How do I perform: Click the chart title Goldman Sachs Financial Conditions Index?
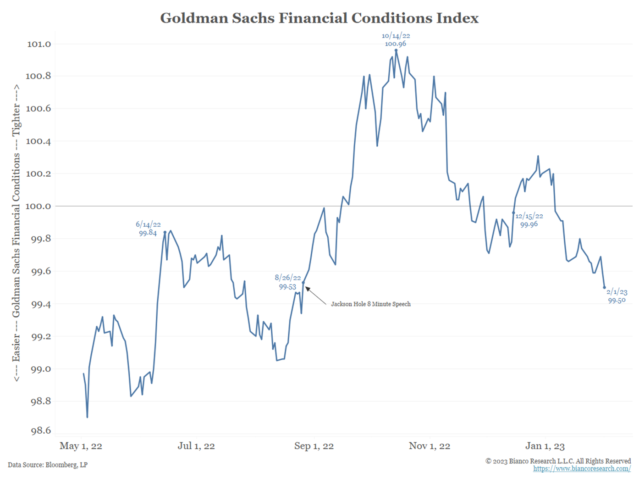pyautogui.click(x=319, y=18)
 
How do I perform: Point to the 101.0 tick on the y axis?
pyautogui.click(x=39, y=44)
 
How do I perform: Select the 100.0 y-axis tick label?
pyautogui.click(x=39, y=206)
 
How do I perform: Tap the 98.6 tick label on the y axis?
pyautogui.click(x=41, y=430)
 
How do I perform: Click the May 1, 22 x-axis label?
pyautogui.click(x=81, y=446)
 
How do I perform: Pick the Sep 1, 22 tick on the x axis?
pyautogui.click(x=314, y=446)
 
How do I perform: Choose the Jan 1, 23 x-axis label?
pyautogui.click(x=545, y=446)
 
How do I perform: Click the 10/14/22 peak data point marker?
pyautogui.click(x=396, y=50)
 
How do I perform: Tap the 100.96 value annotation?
pyautogui.click(x=396, y=44)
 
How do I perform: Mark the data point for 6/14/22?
pyautogui.click(x=165, y=232)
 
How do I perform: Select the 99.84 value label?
pyautogui.click(x=148, y=233)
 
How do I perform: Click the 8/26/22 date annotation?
pyautogui.click(x=288, y=278)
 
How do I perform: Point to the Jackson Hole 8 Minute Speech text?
pyautogui.click(x=371, y=304)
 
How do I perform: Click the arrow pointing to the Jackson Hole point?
pyautogui.click(x=315, y=296)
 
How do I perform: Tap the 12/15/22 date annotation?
pyautogui.click(x=529, y=216)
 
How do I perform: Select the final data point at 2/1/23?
pyautogui.click(x=604, y=288)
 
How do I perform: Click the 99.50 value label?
pyautogui.click(x=617, y=301)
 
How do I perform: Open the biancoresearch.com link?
pyautogui.click(x=582, y=469)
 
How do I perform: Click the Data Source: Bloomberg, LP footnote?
pyautogui.click(x=48, y=465)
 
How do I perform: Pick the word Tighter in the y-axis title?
pyautogui.click(x=17, y=119)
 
